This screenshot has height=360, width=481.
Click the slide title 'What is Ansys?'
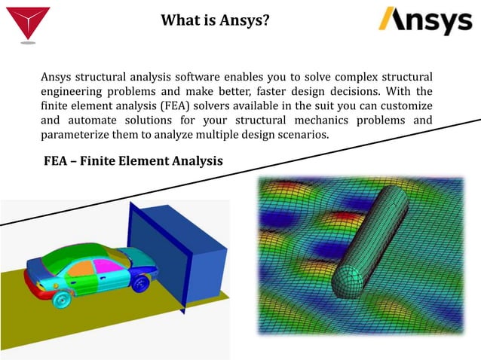pyautogui.click(x=215, y=20)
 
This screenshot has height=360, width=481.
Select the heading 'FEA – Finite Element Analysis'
pyautogui.click(x=133, y=161)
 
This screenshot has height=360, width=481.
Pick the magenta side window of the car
pyautogui.click(x=105, y=265)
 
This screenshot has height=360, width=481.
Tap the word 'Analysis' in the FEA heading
pyautogui.click(x=193, y=161)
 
